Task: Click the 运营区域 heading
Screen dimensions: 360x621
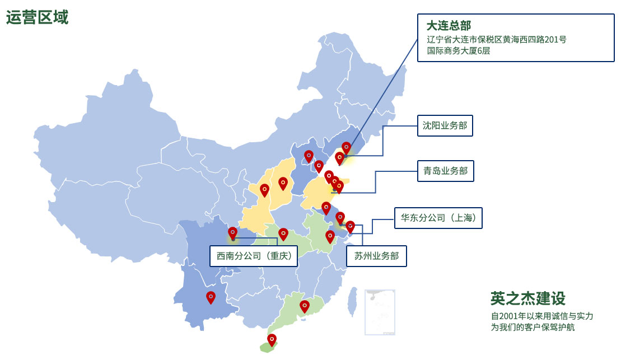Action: (37, 17)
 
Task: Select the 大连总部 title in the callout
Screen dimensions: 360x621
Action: (449, 26)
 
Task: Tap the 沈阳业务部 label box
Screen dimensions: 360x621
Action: (445, 125)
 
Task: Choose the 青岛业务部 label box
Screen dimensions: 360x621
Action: (445, 171)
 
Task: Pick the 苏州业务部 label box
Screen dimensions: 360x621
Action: (376, 256)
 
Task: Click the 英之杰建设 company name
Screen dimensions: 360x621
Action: (527, 298)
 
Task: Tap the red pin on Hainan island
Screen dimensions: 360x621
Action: (272, 339)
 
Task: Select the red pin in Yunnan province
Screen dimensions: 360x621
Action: (211, 297)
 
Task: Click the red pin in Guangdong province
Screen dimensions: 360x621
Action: (305, 306)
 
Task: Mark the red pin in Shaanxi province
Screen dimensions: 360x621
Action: (264, 190)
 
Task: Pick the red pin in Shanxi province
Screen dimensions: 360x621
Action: (283, 183)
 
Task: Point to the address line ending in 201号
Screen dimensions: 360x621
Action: (496, 39)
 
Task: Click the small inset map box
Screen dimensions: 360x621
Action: (380, 312)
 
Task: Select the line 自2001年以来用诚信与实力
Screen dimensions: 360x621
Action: (541, 316)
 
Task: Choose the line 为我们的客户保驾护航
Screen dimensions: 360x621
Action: (533, 327)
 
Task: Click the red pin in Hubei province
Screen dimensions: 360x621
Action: (283, 233)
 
